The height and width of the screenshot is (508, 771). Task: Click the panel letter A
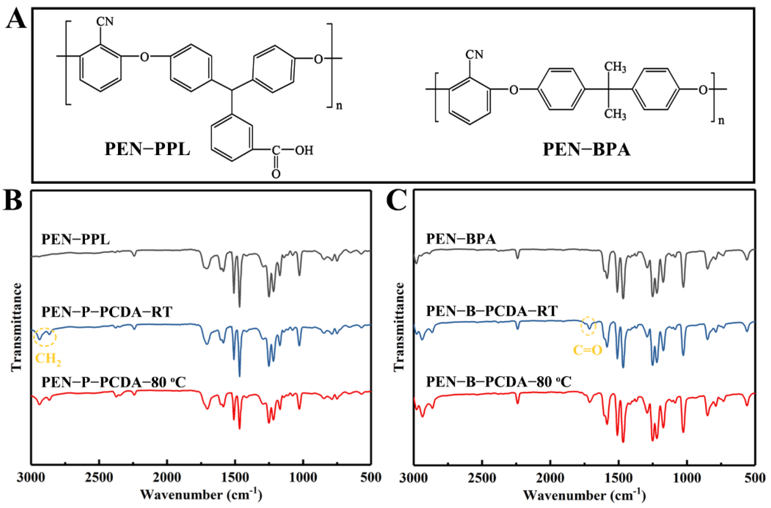(15, 19)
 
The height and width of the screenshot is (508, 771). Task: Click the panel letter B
(13, 201)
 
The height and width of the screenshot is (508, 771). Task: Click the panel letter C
(397, 201)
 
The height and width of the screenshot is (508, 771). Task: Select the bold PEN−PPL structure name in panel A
(147, 150)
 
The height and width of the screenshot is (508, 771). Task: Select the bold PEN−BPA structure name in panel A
(586, 150)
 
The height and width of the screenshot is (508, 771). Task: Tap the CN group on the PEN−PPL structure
(105, 22)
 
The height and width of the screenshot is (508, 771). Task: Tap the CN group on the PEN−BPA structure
(474, 54)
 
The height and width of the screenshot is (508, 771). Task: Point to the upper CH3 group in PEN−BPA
(615, 67)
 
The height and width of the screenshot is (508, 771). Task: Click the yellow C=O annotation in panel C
(588, 350)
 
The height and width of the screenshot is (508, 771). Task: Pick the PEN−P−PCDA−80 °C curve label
(114, 383)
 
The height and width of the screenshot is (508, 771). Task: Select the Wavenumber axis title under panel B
(201, 495)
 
